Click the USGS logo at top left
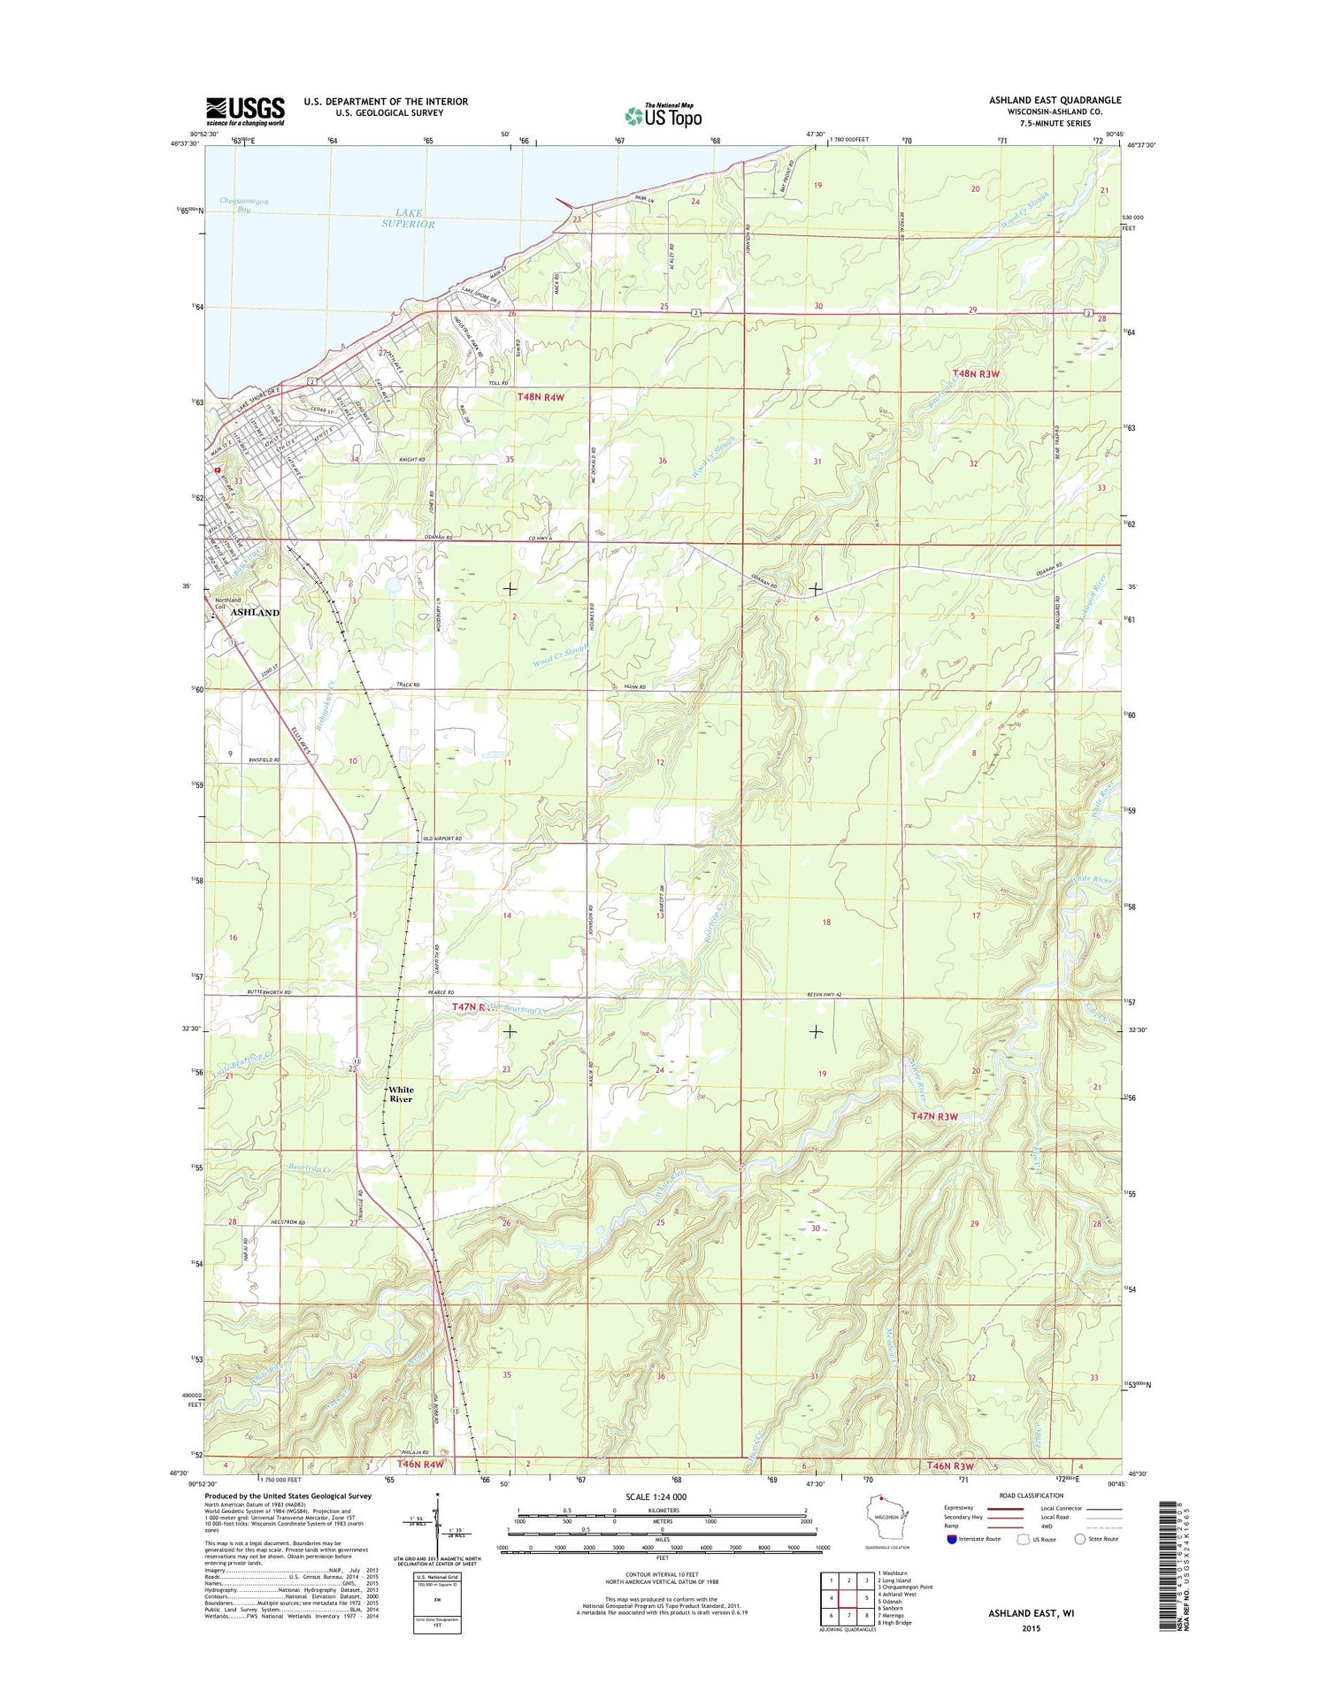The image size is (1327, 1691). click(245, 111)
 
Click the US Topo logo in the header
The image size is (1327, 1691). click(663, 116)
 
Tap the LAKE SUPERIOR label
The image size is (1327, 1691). click(408, 218)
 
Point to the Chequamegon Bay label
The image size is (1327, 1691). click(244, 205)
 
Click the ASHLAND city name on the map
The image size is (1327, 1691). click(255, 612)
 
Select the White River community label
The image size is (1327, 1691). click(401, 1094)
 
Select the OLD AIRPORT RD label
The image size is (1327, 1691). click(442, 838)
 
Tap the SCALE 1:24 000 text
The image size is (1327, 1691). click(661, 1496)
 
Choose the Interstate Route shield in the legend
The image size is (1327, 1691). click(951, 1539)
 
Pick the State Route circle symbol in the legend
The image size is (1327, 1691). click(1079, 1539)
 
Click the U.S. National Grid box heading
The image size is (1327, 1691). click(436, 1577)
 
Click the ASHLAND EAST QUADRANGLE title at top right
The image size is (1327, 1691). click(1055, 100)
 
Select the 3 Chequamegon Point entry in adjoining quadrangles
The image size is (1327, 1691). click(905, 1587)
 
